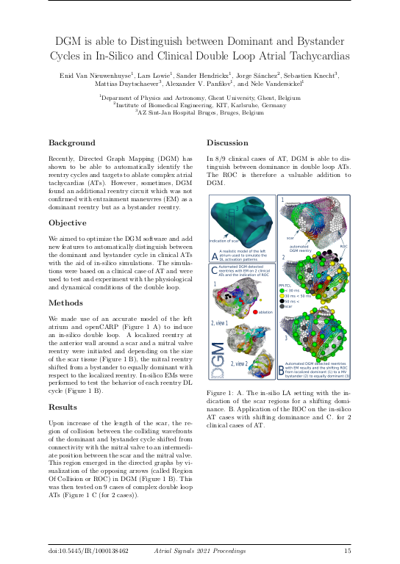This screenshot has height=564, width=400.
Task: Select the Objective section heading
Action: tap(68, 223)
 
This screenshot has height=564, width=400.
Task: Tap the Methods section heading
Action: tap(66, 303)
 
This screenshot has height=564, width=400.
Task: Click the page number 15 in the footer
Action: tap(347, 549)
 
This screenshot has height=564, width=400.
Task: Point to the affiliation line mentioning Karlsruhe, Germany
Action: tap(199, 105)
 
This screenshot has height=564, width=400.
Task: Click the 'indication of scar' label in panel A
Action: tap(226, 240)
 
